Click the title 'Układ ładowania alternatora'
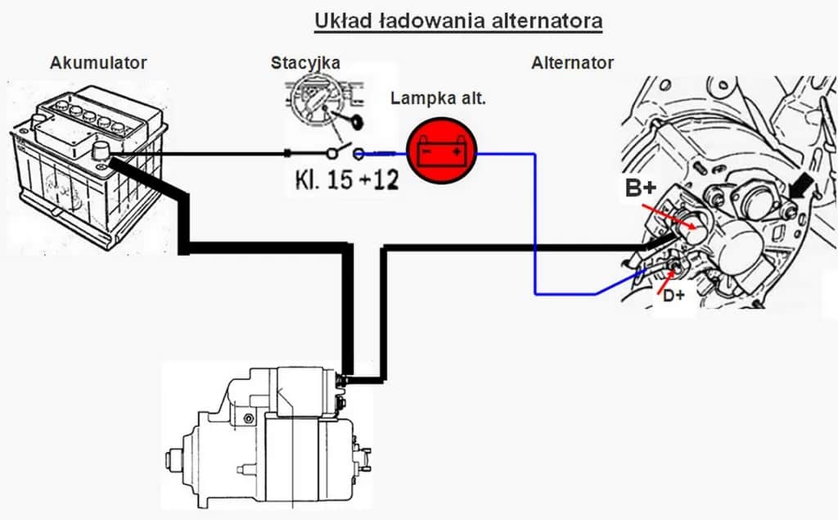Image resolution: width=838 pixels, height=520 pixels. tap(458, 20)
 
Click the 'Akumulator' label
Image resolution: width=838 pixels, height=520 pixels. tap(98, 63)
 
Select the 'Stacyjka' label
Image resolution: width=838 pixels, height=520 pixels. tap(305, 63)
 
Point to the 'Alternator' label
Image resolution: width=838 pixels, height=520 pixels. tap(572, 63)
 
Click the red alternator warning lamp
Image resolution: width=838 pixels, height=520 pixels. tap(442, 151)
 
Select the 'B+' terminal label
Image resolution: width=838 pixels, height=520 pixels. tap(641, 188)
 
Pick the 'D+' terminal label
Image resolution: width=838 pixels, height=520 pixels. tap(674, 296)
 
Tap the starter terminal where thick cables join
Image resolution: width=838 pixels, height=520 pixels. tap(342, 378)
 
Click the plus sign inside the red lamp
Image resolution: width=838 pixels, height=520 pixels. tap(456, 151)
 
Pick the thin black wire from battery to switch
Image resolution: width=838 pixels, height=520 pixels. tap(205, 153)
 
